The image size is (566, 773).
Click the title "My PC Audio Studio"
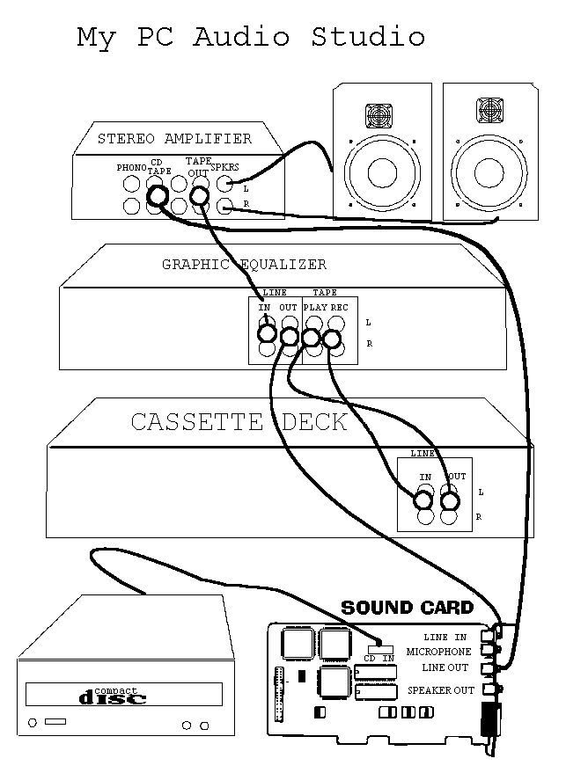click(251, 37)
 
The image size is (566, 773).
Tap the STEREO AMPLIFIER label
click(174, 138)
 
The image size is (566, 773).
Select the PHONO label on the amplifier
click(132, 167)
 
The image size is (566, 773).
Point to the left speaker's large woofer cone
click(379, 170)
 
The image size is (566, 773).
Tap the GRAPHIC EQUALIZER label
click(244, 264)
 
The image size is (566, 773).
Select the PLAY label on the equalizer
click(315, 307)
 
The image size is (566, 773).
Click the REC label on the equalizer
click(339, 307)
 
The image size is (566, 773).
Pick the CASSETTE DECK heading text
click(239, 422)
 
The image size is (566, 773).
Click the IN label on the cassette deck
click(425, 477)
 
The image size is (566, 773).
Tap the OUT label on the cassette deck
click(456, 477)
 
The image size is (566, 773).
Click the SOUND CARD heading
click(407, 608)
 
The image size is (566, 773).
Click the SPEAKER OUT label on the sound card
click(440, 690)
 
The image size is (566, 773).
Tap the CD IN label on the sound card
click(379, 656)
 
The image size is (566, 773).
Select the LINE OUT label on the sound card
click(445, 668)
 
